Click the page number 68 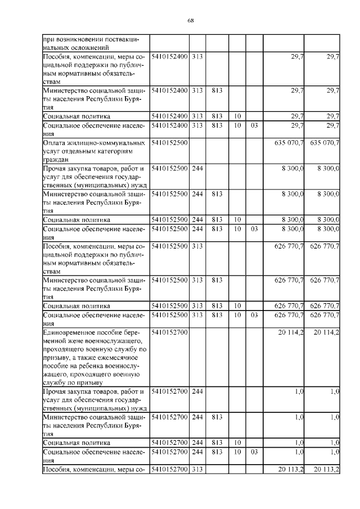[191, 21]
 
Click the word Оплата [55, 143]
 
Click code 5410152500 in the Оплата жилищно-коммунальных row [169, 143]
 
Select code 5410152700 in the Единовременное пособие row [169, 333]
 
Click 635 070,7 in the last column [325, 143]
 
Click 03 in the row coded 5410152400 [254, 125]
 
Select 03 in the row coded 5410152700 [254, 452]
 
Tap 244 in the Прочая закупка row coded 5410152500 [197, 168]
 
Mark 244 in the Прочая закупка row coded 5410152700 [197, 392]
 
